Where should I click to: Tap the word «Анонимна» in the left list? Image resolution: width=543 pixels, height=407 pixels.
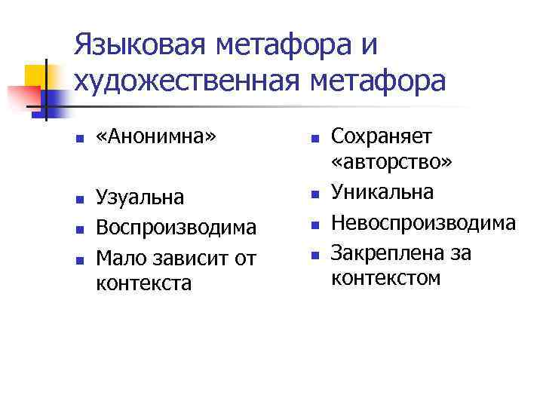[x=155, y=137]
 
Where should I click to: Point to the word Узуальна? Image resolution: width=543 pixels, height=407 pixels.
[x=140, y=197]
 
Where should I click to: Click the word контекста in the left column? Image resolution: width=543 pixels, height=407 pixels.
[x=144, y=283]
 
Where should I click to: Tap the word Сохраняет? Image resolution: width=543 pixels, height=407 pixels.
[x=382, y=136]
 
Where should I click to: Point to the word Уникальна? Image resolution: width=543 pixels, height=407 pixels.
[x=382, y=192]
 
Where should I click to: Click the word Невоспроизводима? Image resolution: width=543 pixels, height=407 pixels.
[x=424, y=222]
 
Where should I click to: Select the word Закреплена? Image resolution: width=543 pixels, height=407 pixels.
[x=380, y=252]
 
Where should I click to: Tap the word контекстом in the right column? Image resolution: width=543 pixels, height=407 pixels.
[x=385, y=278]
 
